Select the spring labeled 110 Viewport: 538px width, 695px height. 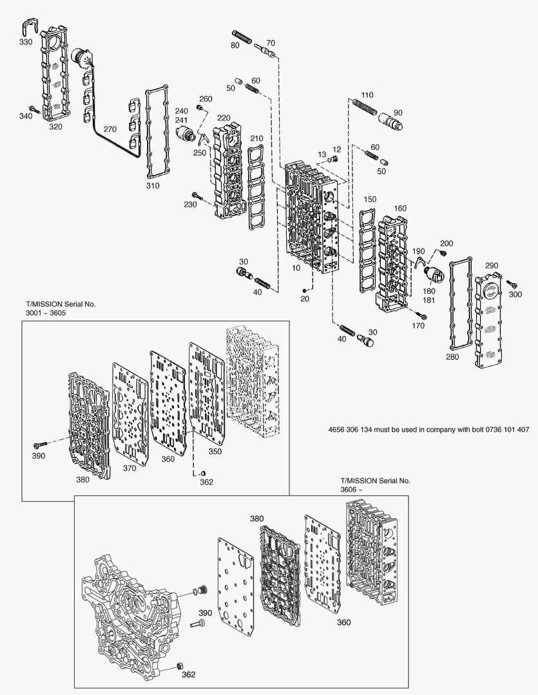363,106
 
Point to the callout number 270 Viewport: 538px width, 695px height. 110,129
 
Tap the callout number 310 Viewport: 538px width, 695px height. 152,185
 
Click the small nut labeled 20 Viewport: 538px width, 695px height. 304,291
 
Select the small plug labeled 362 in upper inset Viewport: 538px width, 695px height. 202,474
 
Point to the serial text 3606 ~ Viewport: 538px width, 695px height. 352,490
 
